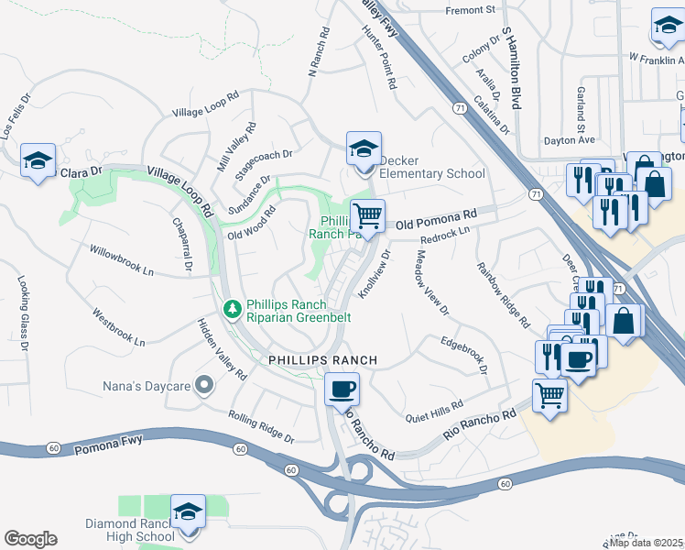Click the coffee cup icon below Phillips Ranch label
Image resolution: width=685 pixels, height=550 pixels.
click(x=342, y=390)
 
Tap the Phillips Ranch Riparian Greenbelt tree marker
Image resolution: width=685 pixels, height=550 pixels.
click(x=234, y=306)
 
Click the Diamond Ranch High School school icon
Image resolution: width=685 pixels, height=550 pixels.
click(x=188, y=511)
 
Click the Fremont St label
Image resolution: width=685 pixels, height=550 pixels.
click(x=470, y=10)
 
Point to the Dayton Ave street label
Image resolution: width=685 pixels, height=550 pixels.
click(x=569, y=140)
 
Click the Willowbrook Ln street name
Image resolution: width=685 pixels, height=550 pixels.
click(x=121, y=259)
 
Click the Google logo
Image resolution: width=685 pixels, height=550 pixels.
click(x=30, y=539)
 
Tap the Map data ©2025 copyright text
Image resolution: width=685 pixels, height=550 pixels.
click(x=647, y=543)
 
